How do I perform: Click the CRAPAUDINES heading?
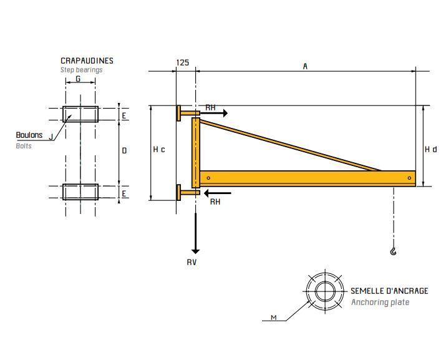pyautogui.click(x=87, y=61)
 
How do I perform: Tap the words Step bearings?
pyautogui.click(x=81, y=70)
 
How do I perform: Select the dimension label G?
pyautogui.click(x=78, y=79)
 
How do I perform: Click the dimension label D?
pyautogui.click(x=124, y=150)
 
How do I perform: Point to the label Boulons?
pyautogui.click(x=29, y=135)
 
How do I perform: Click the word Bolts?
pyautogui.click(x=24, y=145)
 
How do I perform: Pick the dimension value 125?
pyautogui.click(x=183, y=63)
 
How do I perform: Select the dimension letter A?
pyautogui.click(x=305, y=66)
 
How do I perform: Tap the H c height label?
pyautogui.click(x=159, y=150)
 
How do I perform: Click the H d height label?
pyautogui.click(x=431, y=150)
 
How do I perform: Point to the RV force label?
pyautogui.click(x=192, y=262)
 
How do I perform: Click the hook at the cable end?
pyautogui.click(x=392, y=251)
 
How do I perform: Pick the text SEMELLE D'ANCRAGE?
pyautogui.click(x=389, y=291)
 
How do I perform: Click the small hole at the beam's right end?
pyautogui.click(x=409, y=178)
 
